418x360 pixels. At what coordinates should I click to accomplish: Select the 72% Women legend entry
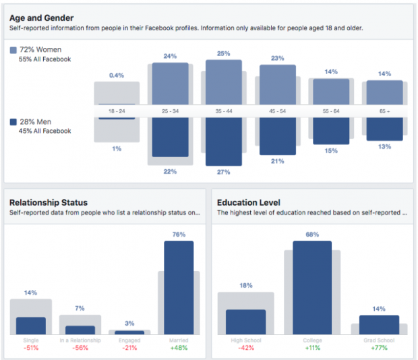(36, 51)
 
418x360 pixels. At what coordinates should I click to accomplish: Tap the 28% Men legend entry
(33, 122)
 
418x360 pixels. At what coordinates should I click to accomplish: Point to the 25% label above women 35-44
(223, 53)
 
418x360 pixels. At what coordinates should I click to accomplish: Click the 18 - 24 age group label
(117, 110)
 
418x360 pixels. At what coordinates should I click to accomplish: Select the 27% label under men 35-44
(223, 172)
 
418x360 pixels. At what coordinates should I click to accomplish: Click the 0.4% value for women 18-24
(116, 76)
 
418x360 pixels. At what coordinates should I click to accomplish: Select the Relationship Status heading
(49, 202)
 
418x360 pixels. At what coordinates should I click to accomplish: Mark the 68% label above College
(312, 235)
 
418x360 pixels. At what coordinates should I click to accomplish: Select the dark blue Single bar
(31, 326)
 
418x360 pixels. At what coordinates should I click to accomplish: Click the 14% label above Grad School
(379, 309)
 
